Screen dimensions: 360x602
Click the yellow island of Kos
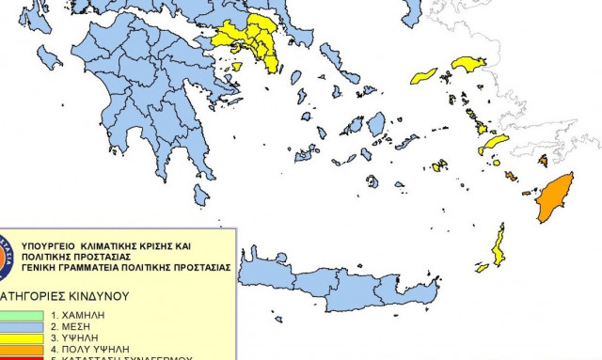click(493, 145)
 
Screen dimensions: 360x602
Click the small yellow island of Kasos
click(482, 268)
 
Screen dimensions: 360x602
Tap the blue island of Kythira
click(201, 194)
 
